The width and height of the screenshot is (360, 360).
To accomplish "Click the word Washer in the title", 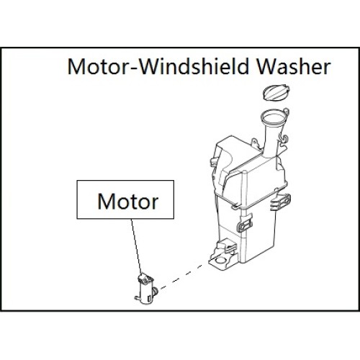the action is [294, 66].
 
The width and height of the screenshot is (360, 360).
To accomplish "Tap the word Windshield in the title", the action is [194, 66].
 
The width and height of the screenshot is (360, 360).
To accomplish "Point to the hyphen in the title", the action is [135, 68].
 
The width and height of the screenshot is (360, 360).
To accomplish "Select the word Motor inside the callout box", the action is [127, 202].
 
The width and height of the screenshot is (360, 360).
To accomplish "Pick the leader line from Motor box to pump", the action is [136, 246].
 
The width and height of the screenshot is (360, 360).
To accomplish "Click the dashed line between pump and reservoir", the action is [181, 276].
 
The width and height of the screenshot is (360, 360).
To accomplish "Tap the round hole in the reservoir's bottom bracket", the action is [221, 261].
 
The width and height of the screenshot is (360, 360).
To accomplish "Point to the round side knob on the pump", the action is [156, 291].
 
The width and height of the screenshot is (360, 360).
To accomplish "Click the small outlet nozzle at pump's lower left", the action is [137, 298].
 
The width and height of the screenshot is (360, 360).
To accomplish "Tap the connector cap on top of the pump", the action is [145, 279].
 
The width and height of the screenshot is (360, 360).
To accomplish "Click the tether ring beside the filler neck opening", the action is [286, 112].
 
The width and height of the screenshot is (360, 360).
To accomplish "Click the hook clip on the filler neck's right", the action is [284, 138].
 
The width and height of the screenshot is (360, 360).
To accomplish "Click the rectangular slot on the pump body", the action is [149, 298].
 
